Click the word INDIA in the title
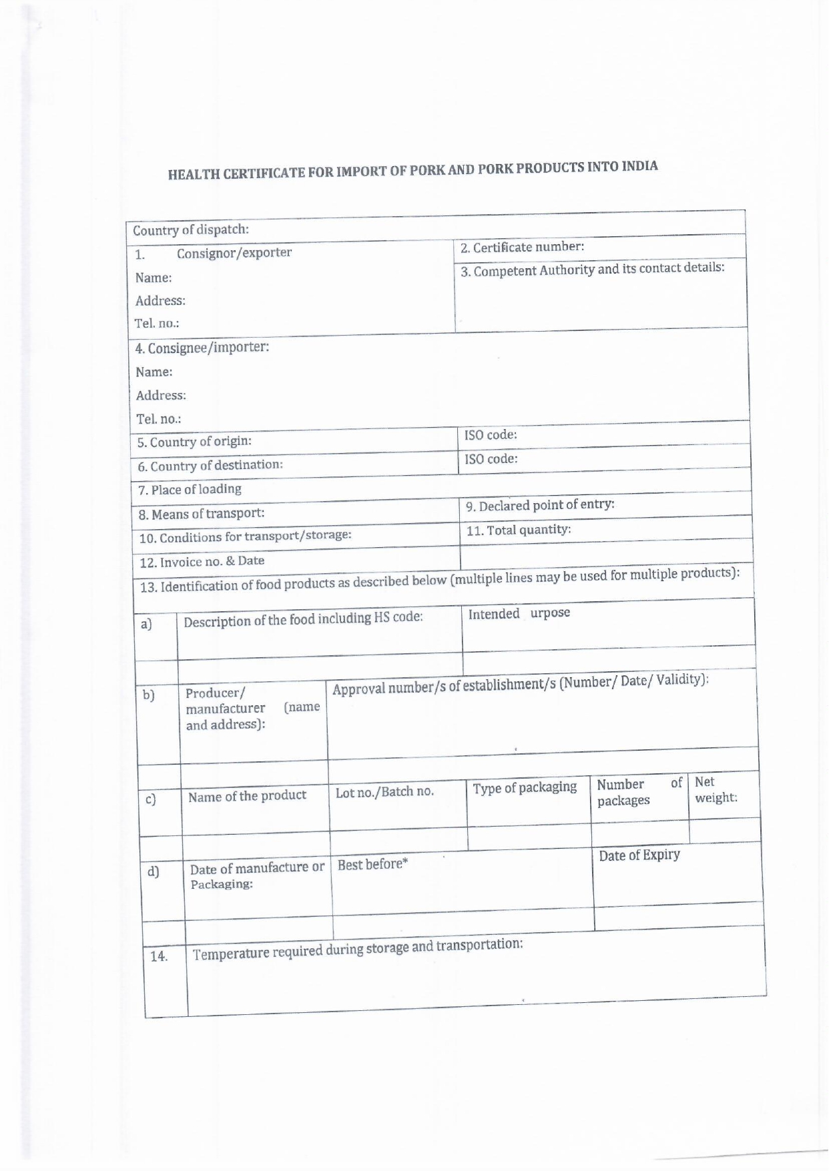pos(639,166)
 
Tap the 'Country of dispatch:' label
pos(191,230)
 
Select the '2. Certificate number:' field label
pos(523,247)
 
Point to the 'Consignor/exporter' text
pos(234,253)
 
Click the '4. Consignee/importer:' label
pos(202,348)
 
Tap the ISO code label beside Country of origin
pos(491,435)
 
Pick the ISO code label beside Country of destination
pos(491,459)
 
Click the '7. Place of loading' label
pos(190,490)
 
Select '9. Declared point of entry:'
pos(540,505)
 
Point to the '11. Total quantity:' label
pos(519,530)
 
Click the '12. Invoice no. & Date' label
pos(202,561)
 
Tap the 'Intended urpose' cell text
pos(519,614)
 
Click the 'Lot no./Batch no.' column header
pos(384,792)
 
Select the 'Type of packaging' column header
pos(525,787)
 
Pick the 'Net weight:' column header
pos(715,790)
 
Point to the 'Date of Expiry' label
pos(639,855)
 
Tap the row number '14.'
pos(159,956)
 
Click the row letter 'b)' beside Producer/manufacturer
pos(148,695)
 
